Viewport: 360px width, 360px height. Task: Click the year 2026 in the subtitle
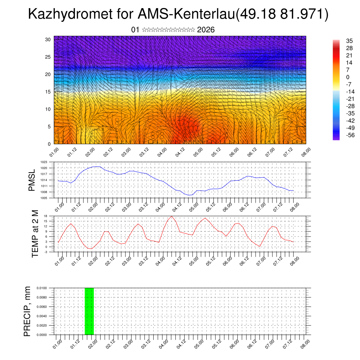pyautogui.click(x=206, y=30)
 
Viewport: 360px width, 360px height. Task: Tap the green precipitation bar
pyautogui.click(x=89, y=311)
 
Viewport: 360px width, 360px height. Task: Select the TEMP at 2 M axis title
pyautogui.click(x=35, y=233)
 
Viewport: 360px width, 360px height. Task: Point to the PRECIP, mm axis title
pyautogui.click(x=27, y=311)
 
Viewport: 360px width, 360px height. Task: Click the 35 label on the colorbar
pyautogui.click(x=349, y=41)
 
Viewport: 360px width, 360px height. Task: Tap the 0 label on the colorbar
pyautogui.click(x=348, y=77)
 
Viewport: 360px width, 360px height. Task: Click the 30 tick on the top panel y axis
pyautogui.click(x=48, y=39)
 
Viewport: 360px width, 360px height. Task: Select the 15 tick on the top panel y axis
pyautogui.click(x=48, y=92)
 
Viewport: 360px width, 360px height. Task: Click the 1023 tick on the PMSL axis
pyautogui.click(x=48, y=162)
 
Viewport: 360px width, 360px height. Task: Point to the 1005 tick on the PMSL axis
pyautogui.click(x=48, y=198)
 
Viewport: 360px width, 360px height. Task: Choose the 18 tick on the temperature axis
pyautogui.click(x=46, y=216)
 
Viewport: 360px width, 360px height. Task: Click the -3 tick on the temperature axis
pyautogui.click(x=46, y=252)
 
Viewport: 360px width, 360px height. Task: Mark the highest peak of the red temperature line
pyautogui.click(x=172, y=216)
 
